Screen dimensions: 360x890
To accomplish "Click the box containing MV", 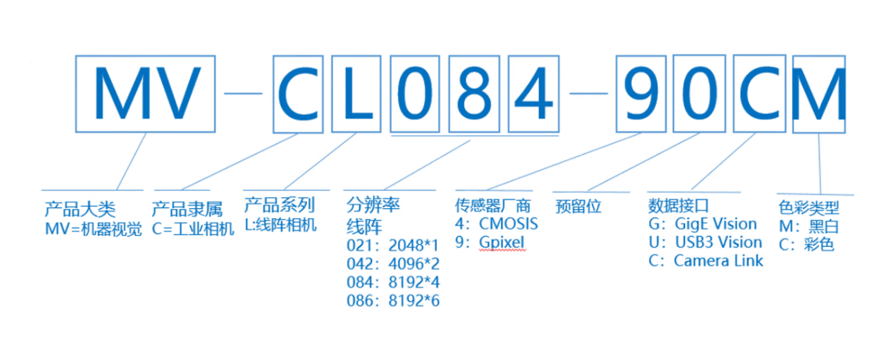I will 145,94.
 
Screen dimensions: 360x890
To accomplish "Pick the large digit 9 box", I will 641,94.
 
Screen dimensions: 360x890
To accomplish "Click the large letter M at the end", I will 820,94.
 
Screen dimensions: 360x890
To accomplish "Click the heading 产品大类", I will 80,210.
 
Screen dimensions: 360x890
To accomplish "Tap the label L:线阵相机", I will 280,224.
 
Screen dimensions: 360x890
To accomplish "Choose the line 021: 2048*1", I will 392,247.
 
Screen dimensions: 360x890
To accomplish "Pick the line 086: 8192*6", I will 392,300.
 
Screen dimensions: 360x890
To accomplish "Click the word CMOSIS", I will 509,224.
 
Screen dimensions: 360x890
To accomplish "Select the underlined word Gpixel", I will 501,242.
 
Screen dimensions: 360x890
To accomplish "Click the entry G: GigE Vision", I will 703,224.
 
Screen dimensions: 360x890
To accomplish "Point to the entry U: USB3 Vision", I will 705,242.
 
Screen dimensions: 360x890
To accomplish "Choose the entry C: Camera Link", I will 706,261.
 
